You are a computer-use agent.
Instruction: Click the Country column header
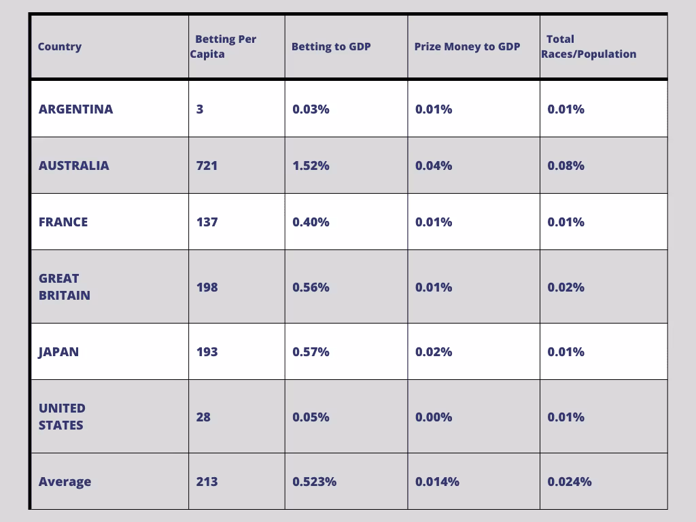pos(60,47)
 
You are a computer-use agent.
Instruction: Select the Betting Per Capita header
pos(223,47)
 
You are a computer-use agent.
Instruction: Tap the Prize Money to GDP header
pos(467,47)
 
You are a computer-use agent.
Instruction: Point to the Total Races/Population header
pos(589,47)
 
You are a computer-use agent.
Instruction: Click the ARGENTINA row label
pos(76,109)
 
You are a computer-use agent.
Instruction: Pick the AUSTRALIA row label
pos(73,166)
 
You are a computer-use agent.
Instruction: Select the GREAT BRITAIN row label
pos(65,287)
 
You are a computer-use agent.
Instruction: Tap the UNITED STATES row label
pos(62,417)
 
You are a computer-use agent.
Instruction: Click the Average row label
pos(65,482)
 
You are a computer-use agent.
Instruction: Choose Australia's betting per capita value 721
pos(207,166)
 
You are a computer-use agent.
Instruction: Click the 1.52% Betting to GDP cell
pos(311,166)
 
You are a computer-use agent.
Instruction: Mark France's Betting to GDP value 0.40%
pos(311,222)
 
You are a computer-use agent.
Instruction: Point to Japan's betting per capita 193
pos(207,352)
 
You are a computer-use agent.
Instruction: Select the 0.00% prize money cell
pos(434,417)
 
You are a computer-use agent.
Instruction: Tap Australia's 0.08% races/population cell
pos(566,166)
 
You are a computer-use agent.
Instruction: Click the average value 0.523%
pos(314,482)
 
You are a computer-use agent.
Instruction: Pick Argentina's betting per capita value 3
pos(200,109)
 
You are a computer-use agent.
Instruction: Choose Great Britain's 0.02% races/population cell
pos(566,288)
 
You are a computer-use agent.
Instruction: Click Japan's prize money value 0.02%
pos(434,352)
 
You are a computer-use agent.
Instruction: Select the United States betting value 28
pos(203,417)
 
